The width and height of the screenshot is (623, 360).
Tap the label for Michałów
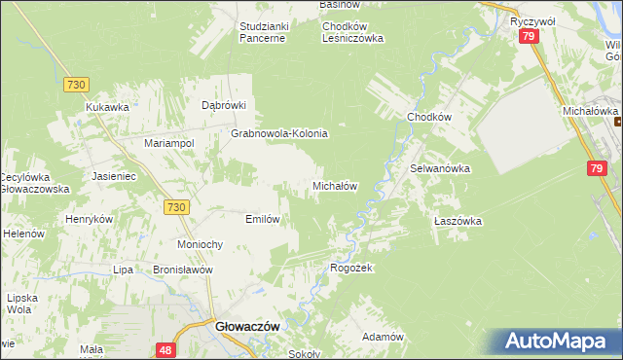[337, 185]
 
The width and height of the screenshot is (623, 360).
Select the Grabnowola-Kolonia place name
[279, 133]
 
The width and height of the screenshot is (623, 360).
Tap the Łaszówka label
[458, 221]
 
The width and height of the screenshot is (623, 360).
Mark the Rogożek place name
[352, 268]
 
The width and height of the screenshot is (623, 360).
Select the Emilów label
[263, 219]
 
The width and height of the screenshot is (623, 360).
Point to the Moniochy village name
[202, 243]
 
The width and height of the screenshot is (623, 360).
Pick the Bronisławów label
[183, 270]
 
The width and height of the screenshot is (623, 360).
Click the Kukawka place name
[107, 107]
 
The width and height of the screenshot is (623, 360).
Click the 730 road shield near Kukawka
[76, 85]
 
